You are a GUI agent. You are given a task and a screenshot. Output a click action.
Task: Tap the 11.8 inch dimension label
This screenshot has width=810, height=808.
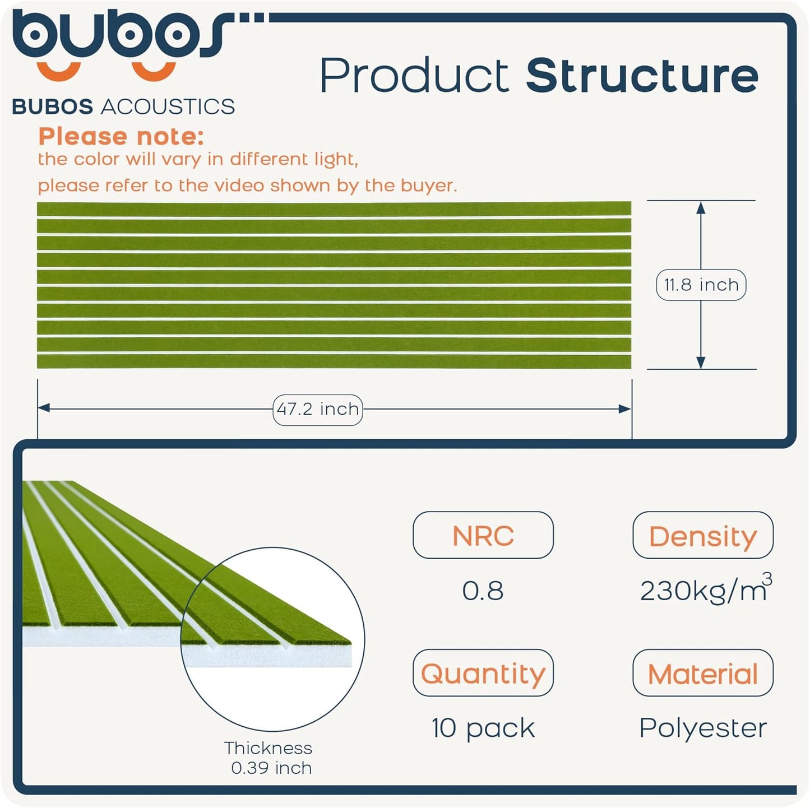pos(701,285)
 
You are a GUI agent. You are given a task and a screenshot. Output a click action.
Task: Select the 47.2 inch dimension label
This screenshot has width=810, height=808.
pos(317,409)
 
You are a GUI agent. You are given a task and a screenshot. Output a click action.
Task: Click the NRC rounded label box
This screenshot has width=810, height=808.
pos(483,535)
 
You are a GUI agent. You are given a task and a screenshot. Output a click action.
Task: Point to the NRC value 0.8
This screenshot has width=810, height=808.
pos(483,591)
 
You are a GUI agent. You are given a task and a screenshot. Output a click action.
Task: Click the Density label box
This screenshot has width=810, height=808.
pos(702,535)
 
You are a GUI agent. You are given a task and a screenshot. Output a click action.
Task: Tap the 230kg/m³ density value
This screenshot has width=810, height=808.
pos(705,590)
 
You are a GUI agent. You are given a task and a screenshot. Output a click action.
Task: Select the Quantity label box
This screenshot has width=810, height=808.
pos(483,673)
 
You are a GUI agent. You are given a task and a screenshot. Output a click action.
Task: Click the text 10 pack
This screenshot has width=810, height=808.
pos(483,728)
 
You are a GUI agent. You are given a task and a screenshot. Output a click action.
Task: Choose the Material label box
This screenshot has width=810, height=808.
pos(702,673)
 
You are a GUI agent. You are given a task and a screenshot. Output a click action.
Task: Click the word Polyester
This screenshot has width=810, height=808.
pos(702,728)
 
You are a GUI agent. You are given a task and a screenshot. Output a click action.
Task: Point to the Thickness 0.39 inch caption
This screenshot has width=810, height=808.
pos(269,758)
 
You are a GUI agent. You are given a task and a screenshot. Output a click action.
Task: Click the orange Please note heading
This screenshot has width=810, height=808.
pos(121,136)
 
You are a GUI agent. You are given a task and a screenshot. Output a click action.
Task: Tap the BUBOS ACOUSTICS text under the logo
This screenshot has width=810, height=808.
pos(123,106)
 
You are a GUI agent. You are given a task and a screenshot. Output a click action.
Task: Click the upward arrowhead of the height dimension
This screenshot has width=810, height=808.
pos(700,208)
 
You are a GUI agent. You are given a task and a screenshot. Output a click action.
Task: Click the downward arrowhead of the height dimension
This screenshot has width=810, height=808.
pos(700,362)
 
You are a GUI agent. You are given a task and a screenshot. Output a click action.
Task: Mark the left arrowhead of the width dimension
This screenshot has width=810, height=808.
pos(44,408)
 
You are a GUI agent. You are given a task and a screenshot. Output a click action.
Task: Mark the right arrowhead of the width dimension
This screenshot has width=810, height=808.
pos(625,409)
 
